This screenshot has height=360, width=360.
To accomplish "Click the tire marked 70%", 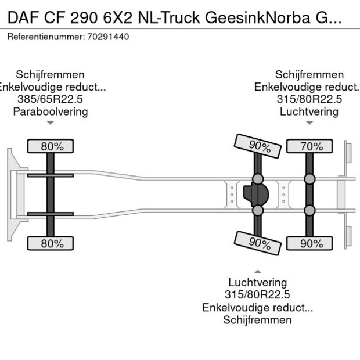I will tap(312, 146).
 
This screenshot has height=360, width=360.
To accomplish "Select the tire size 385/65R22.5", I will tap(51, 99).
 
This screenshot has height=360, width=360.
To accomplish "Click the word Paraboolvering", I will tap(51, 111).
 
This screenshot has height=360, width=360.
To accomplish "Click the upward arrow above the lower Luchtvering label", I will tap(257, 271).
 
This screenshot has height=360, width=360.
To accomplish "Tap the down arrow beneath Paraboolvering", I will tap(51, 123).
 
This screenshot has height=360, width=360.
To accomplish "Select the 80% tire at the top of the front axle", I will tap(52, 146).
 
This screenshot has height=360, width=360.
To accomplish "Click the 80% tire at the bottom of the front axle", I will tap(52, 243).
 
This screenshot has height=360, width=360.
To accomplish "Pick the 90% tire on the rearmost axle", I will tap(312, 243).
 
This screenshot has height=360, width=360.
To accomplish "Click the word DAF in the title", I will tap(21, 17).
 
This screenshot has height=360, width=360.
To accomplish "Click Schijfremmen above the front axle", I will tap(51, 75).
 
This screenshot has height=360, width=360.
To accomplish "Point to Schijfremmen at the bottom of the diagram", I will tap(257, 320).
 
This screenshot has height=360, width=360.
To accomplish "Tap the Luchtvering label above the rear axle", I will tap(309, 111).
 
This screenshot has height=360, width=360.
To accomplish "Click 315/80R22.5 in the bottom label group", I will tap(257, 295).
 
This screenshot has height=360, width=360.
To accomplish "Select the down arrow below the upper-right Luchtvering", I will tap(309, 123).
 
